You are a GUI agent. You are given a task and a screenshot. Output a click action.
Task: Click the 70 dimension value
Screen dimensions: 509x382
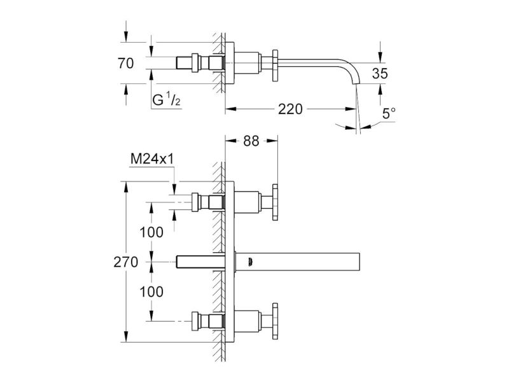125,63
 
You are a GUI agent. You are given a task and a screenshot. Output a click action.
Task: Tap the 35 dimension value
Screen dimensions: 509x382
380,73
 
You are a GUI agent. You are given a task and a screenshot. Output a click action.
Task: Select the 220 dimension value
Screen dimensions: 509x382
290,109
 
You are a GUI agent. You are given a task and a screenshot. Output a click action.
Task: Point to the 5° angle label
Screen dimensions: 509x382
389,114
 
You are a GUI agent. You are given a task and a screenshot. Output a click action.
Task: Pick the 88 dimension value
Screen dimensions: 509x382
251,141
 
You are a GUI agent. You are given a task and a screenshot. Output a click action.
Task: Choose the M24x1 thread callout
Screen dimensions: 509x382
152,159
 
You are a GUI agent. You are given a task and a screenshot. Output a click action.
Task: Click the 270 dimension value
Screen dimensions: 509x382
125,262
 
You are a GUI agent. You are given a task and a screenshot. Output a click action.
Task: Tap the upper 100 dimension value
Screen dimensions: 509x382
151,232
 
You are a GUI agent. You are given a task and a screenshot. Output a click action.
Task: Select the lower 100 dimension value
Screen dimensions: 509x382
151,292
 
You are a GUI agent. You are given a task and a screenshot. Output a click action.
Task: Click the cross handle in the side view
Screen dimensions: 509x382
275,66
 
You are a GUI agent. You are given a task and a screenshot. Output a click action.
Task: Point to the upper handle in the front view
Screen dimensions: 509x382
275,202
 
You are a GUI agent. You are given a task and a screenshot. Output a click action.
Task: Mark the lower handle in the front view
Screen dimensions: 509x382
275,322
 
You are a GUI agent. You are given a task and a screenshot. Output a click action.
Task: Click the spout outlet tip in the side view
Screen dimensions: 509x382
354,84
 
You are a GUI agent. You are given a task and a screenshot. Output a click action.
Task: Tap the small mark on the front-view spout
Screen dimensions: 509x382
249,262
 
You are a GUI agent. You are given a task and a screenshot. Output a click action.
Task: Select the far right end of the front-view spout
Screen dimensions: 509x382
359,262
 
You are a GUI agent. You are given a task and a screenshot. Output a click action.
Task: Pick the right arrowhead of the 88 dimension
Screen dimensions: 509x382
274,141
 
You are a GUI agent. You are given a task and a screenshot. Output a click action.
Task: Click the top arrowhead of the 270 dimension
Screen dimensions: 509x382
126,186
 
